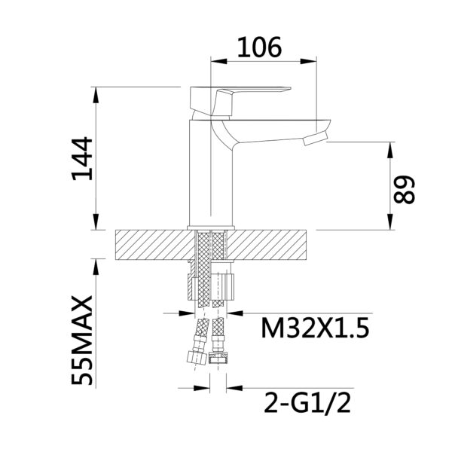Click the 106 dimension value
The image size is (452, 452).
259,47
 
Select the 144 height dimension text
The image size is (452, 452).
83,159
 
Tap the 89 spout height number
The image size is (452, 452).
404,190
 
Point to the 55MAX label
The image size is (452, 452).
82,341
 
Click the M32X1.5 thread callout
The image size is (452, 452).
315,328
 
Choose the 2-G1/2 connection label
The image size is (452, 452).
307,403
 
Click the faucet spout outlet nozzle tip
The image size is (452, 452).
316,139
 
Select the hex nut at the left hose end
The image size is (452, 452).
196,357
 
